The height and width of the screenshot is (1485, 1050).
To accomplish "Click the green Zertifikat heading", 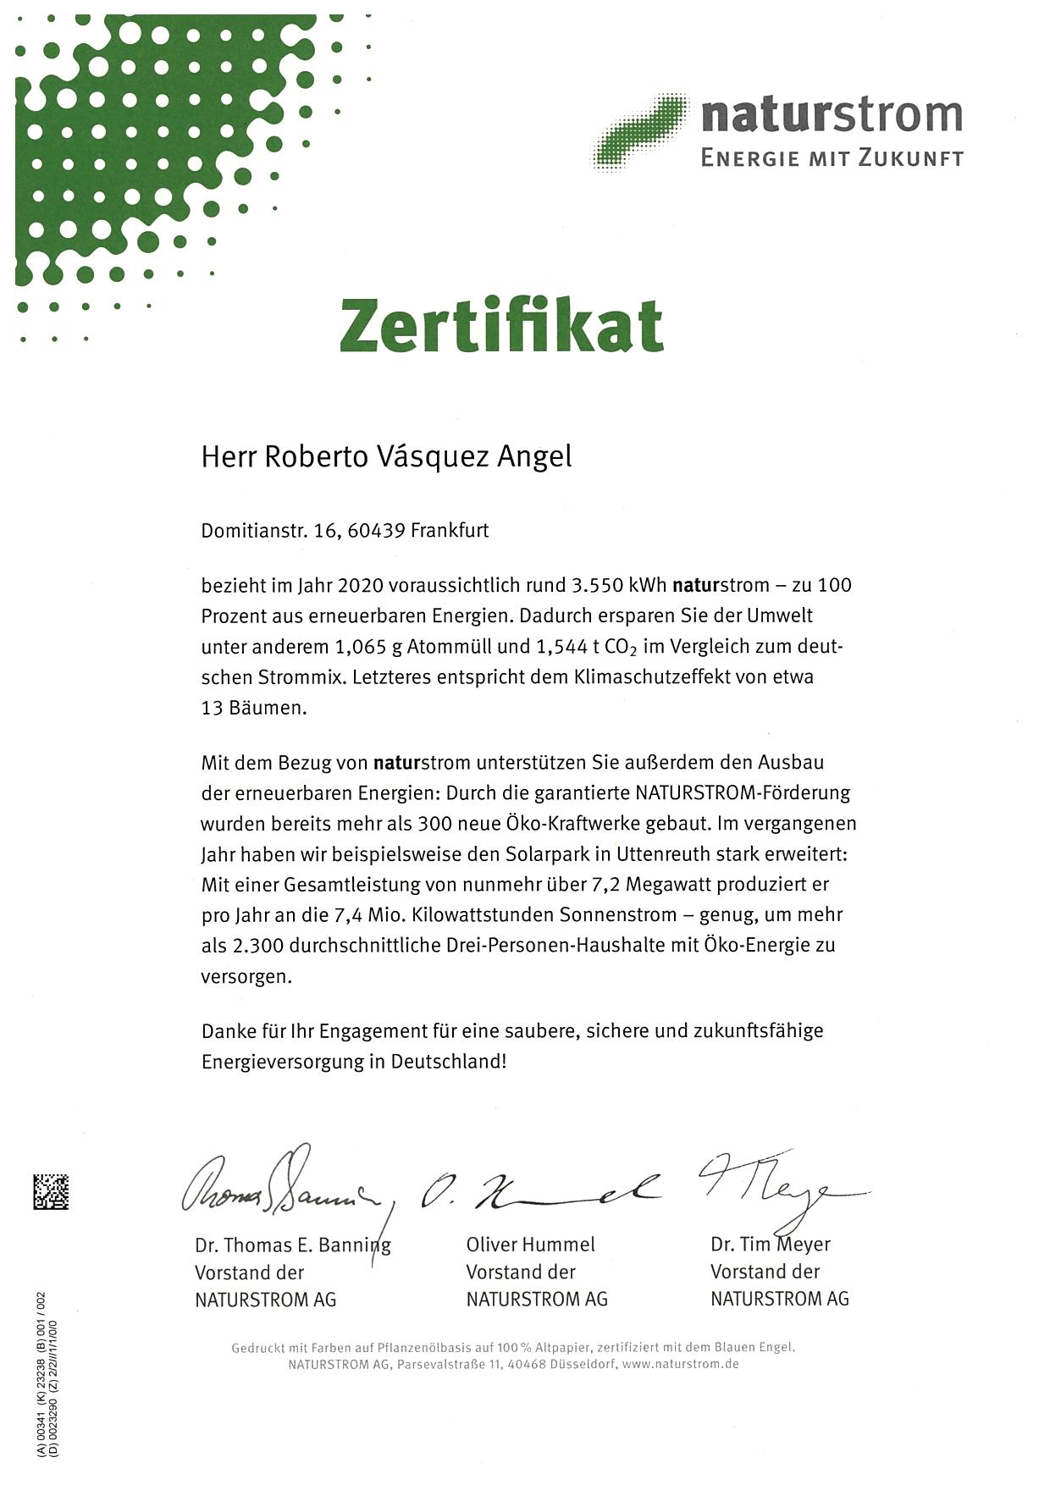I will tap(501, 326).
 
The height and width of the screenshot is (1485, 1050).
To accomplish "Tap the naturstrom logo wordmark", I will tap(832, 115).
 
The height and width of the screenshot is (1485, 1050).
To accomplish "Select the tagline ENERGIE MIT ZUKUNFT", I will tap(832, 157).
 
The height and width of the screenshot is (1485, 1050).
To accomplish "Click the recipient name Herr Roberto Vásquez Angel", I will tap(386, 456).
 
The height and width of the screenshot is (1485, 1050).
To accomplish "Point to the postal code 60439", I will tap(376, 531).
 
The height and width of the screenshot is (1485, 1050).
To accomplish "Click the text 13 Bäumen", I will tap(253, 708).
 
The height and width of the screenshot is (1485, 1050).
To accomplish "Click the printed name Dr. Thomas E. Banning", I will tap(293, 1245).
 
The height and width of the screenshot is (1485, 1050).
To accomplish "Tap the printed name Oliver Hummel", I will tap(531, 1245).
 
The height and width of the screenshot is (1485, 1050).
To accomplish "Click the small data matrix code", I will tap(51, 1192).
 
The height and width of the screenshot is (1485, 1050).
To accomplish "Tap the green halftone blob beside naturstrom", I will tap(642, 132).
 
